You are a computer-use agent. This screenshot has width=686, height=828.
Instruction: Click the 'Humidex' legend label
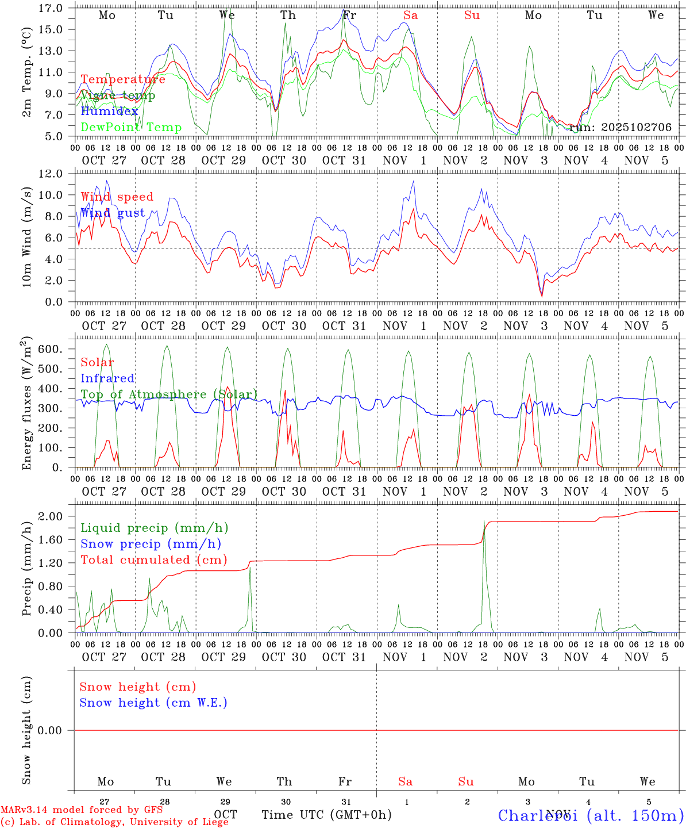click(x=109, y=112)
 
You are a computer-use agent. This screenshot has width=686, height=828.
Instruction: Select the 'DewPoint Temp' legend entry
click(x=131, y=128)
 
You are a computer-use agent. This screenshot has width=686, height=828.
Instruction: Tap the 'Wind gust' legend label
click(x=113, y=213)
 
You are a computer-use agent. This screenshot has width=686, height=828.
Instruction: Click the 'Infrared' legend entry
click(x=107, y=378)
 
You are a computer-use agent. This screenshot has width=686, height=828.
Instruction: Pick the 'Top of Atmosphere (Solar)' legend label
click(x=169, y=394)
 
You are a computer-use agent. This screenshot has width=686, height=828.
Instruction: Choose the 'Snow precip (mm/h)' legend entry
click(x=151, y=544)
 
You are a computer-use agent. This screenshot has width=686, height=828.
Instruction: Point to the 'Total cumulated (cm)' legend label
click(x=153, y=560)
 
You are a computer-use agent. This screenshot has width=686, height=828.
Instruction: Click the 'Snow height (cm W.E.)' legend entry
click(x=153, y=703)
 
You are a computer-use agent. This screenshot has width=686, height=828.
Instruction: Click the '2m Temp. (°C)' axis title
click(x=26, y=72)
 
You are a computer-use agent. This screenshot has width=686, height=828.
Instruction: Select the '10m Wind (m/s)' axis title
click(x=26, y=237)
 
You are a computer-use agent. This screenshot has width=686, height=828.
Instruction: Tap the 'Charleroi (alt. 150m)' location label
click(x=591, y=815)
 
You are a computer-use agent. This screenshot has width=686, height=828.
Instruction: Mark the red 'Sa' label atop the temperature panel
click(x=410, y=16)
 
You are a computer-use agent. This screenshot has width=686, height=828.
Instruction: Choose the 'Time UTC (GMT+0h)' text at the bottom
click(x=326, y=815)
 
